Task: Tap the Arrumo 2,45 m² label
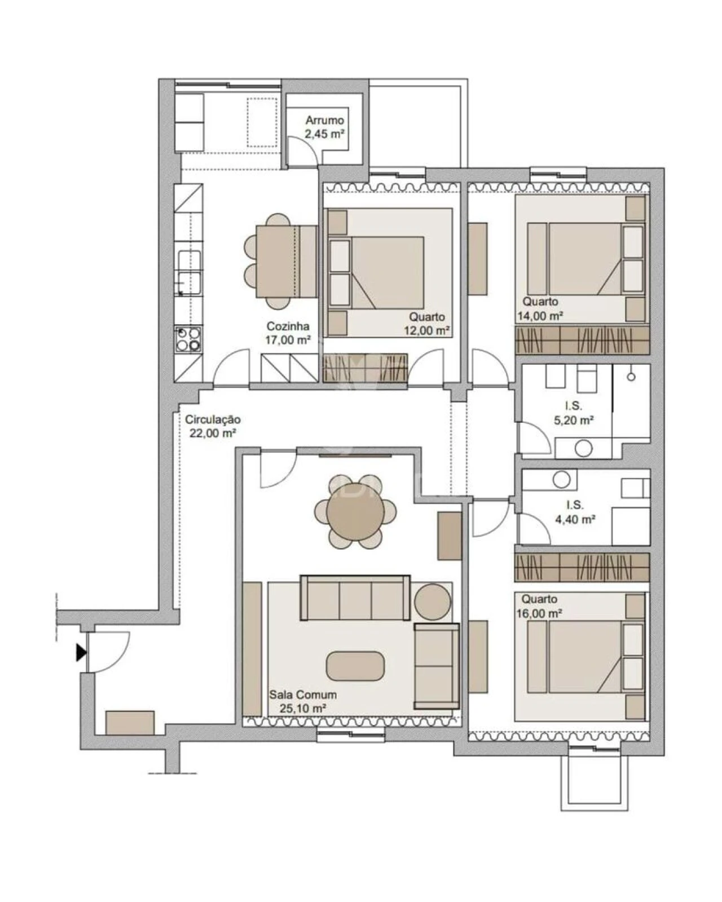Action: point(324,127)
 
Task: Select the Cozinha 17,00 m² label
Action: point(288,333)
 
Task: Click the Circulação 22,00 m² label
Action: point(213,426)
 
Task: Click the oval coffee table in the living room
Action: point(355,665)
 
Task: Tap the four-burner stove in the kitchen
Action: point(188,339)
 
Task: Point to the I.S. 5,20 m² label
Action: point(574,413)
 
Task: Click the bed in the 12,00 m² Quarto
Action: point(384,272)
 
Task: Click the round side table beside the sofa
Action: point(433,602)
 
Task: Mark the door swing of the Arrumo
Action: point(305,152)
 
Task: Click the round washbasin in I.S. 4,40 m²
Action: point(562,480)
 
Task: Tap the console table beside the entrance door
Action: point(130,723)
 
